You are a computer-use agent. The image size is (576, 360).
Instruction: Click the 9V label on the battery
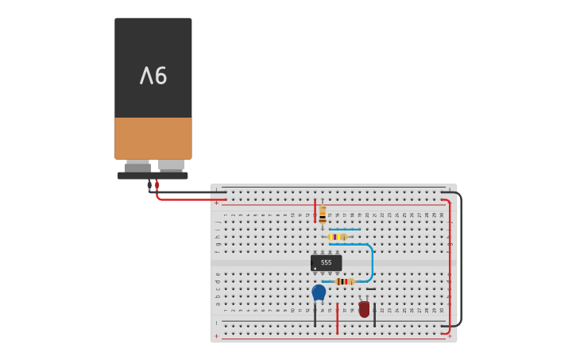(153, 76)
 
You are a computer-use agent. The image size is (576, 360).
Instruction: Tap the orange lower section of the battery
(153, 138)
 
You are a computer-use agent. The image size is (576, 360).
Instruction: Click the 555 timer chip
(326, 262)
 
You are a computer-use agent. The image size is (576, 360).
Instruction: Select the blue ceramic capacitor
(319, 292)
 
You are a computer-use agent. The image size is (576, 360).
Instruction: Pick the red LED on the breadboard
(364, 309)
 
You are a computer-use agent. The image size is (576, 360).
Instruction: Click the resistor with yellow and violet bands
(337, 237)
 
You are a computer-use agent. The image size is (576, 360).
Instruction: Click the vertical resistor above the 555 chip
(323, 215)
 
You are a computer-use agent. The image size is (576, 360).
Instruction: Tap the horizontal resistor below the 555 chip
(344, 281)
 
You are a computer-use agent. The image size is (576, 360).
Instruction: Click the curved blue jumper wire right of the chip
(371, 262)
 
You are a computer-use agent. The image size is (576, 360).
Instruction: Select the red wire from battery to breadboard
(191, 199)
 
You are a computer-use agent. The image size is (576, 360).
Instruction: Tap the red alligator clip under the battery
(157, 184)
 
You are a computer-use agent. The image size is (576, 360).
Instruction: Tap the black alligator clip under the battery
(149, 184)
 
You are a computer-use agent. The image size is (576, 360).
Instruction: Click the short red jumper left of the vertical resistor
(315, 210)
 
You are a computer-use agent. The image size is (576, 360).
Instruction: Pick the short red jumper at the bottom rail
(337, 318)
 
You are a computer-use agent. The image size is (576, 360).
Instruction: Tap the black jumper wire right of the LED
(374, 315)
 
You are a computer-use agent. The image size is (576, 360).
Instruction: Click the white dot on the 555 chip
(315, 269)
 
